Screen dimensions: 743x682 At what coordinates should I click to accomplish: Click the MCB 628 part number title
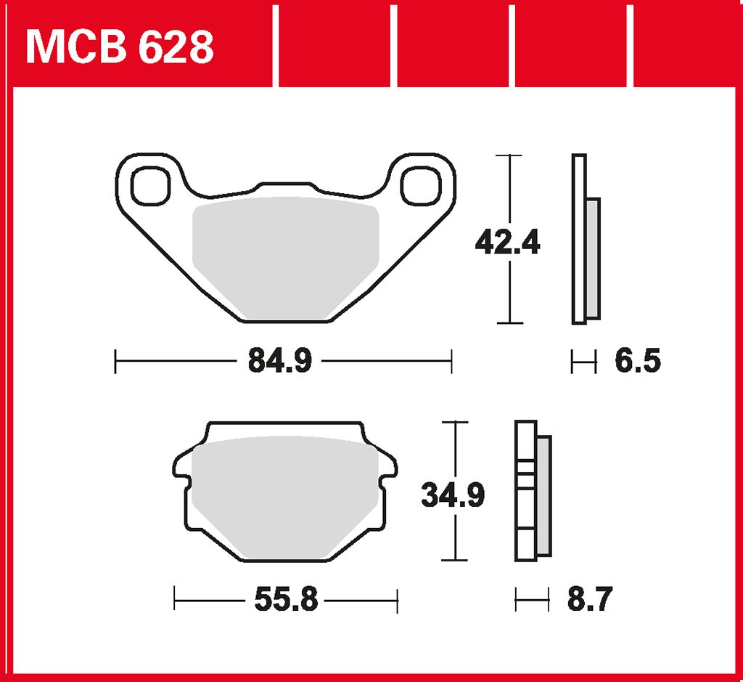pyautogui.click(x=120, y=47)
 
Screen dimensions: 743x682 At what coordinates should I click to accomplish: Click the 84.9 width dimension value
pyautogui.click(x=280, y=360)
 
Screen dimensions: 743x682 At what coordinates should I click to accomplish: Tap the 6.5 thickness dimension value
pyautogui.click(x=638, y=361)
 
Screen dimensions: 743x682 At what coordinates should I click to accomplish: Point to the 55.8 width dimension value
pyautogui.click(x=286, y=599)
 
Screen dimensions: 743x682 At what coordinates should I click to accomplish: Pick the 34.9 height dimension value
pyautogui.click(x=453, y=495)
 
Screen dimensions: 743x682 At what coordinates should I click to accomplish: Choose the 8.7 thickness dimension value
pyautogui.click(x=590, y=599)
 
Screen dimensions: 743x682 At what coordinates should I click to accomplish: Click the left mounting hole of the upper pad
pyautogui.click(x=150, y=185)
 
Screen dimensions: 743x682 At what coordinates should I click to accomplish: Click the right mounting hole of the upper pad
pyautogui.click(x=421, y=185)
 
